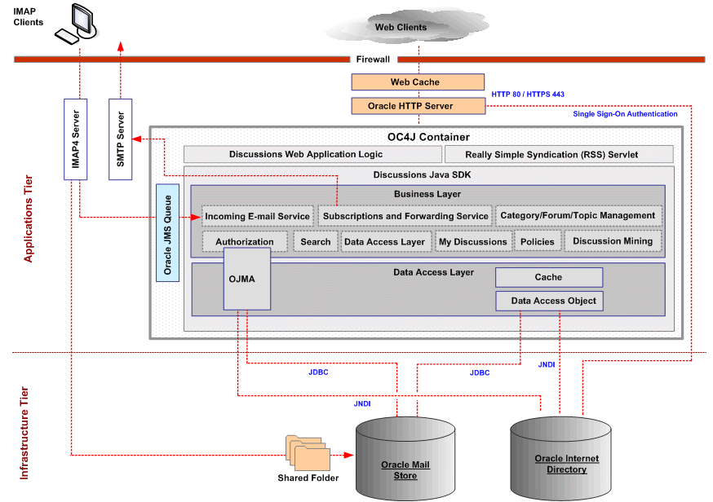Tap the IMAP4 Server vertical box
[x=75, y=139]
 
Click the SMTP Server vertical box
[x=120, y=139]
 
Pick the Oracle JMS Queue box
[x=167, y=232]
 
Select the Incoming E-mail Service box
[x=257, y=216]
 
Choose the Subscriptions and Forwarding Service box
[x=405, y=216]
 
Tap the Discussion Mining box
[x=612, y=241]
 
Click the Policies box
[x=538, y=241]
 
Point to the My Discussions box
[x=472, y=241]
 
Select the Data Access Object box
[x=553, y=301]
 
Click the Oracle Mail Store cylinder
[x=405, y=460]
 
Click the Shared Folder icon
[x=308, y=453]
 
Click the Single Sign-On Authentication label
[x=625, y=114]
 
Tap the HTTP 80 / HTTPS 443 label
[x=528, y=95]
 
